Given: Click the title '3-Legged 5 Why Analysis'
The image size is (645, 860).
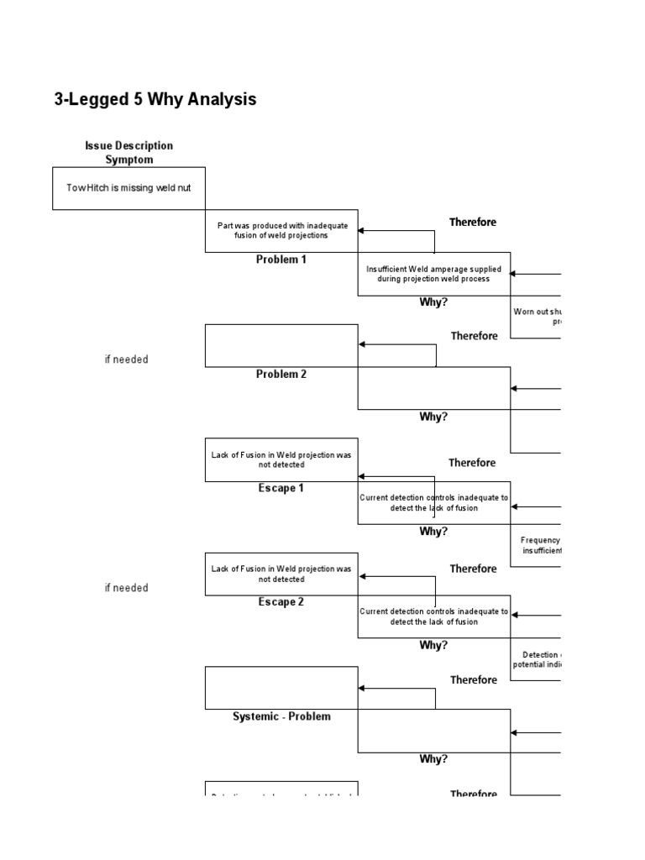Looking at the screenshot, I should coord(155,100).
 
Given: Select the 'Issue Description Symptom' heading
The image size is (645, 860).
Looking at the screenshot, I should coord(128,152).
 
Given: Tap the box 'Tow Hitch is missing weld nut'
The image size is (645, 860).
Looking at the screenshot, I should coord(128,187).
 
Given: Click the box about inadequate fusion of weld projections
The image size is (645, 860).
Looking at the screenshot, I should coord(281,230).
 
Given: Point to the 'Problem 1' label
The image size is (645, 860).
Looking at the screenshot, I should coord(281,260).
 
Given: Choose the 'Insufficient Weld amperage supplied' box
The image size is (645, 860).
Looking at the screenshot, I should coord(433,274).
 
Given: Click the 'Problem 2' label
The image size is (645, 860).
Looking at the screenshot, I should coord(281,375).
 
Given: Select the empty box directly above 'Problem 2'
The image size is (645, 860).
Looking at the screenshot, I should coord(281,345).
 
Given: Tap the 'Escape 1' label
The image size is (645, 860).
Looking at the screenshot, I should coord(281,489).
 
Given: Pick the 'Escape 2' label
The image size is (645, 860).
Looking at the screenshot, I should coord(281,602).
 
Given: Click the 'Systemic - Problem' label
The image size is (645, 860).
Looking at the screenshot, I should coord(281,716).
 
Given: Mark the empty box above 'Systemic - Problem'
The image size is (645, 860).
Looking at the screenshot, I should coord(281,688).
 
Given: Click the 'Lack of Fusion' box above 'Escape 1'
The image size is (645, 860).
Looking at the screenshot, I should coord(281,459).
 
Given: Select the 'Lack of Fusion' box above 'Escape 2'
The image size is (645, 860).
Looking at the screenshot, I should coord(281,574).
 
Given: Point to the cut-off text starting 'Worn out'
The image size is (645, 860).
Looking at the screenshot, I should coord(537,316).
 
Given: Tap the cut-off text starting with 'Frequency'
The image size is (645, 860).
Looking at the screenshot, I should coord(540,545).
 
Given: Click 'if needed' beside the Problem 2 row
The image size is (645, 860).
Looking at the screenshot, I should coord(126,359).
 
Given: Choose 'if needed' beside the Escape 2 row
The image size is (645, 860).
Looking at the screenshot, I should coord(126,588).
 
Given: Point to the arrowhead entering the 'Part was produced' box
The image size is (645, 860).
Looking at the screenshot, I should coord(362,231).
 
